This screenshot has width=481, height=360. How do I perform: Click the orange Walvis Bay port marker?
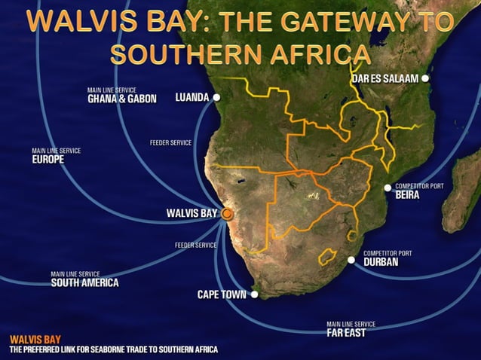[x=228, y=214]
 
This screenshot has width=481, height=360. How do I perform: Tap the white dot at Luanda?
[x=216, y=97]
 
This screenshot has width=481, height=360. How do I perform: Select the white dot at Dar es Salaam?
[x=425, y=78]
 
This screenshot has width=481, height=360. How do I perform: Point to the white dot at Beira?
[x=388, y=188]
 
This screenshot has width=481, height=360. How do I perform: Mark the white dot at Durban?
[x=351, y=260]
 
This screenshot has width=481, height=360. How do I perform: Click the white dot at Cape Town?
[x=255, y=294]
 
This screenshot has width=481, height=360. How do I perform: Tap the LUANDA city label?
[x=191, y=97]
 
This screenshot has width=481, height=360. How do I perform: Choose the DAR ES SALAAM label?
[x=384, y=78]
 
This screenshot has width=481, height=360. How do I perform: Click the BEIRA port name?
[x=406, y=194]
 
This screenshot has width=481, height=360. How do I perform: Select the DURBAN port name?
[x=381, y=263]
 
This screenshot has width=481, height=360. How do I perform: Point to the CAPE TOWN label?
[x=222, y=294]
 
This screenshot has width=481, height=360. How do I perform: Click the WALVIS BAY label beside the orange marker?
[x=191, y=214]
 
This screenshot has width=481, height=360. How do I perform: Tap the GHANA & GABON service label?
[x=121, y=98]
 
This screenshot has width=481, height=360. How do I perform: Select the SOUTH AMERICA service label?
[x=84, y=283]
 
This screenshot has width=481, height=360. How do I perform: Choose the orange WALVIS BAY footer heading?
[x=35, y=340]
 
